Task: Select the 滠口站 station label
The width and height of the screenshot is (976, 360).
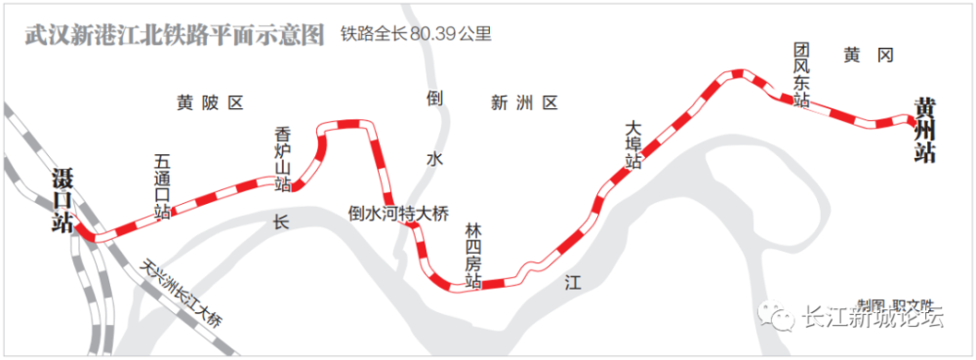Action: coord(63,200)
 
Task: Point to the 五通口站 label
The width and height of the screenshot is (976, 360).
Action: coord(162,185)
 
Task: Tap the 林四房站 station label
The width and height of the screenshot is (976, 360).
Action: coord(473,256)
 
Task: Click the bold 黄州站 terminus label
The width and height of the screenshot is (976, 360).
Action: coord(923,129)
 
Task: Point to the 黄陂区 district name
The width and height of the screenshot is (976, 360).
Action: coord(209,102)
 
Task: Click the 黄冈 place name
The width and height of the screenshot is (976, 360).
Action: coord(869,56)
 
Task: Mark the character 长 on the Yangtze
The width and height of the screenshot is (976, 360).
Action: coord(282,221)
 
